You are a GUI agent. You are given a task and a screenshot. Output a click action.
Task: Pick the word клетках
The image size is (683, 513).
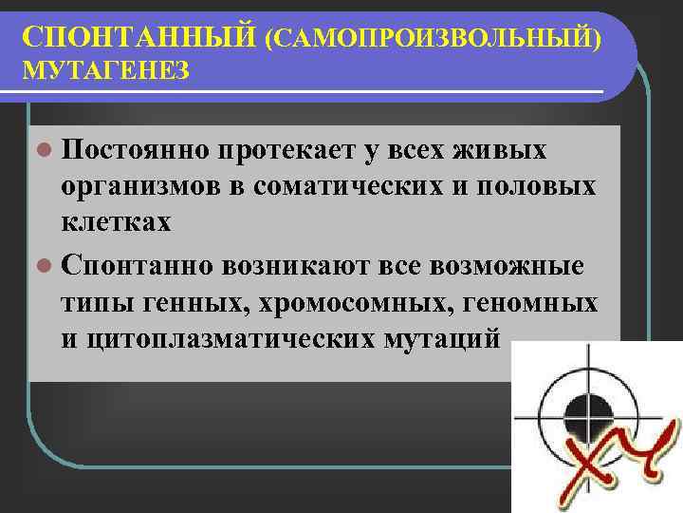click(x=116, y=222)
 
